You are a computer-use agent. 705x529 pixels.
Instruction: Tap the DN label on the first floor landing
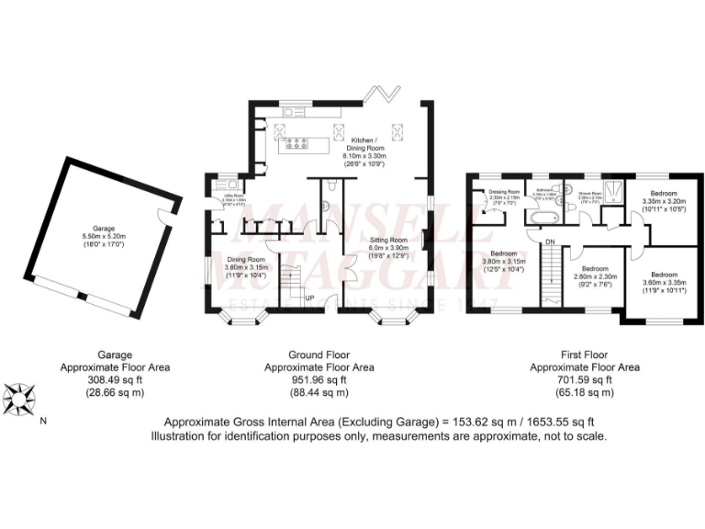[x=550, y=242]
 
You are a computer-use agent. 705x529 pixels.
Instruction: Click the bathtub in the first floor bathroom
[x=541, y=217]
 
